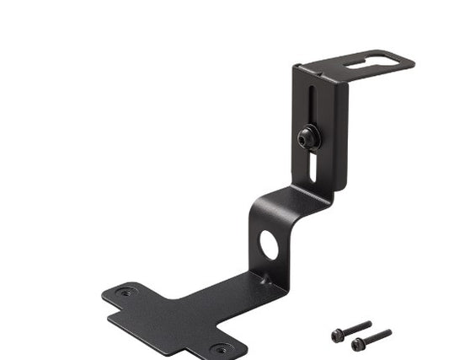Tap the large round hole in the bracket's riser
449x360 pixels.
pos(269,244)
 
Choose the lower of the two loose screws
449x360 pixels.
pos(371,339)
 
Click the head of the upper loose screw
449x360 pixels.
pos(338,335)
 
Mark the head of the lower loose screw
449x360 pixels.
pos(358,344)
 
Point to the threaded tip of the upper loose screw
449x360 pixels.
pos(368,323)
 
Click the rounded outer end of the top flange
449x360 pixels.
pos(409,61)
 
